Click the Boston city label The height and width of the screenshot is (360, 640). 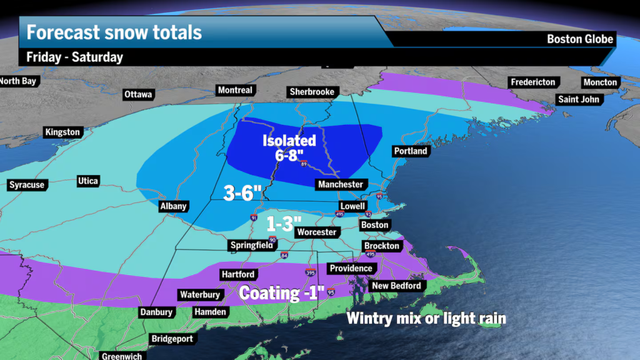point(374,225)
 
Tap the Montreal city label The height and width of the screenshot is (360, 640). point(235,91)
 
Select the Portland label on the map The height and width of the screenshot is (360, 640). point(411,151)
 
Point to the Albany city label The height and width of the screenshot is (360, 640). point(173,207)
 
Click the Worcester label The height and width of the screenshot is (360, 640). point(317,232)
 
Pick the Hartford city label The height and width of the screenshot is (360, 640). point(237,274)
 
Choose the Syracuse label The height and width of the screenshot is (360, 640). point(27,185)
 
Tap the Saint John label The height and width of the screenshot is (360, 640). point(578,99)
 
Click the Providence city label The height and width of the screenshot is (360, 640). point(351,269)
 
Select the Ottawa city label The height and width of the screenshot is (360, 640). point(138,95)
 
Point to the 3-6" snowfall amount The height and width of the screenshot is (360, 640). point(242,193)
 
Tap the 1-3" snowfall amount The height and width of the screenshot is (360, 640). point(284,223)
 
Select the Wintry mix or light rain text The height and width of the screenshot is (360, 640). point(426,318)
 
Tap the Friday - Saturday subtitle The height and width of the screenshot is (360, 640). point(74,57)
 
